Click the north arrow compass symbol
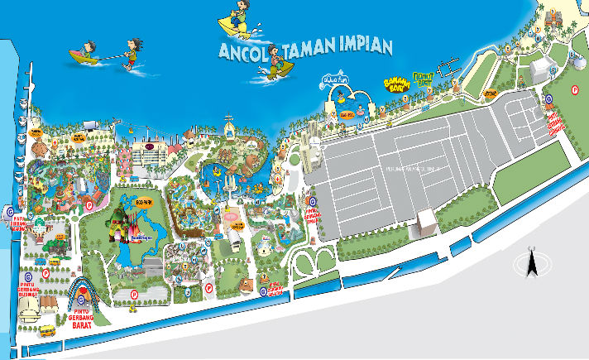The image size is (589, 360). point(532,264)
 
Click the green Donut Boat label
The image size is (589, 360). point(424,80)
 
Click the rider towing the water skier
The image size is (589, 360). point(84,56)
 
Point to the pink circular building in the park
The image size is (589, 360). point(233,218)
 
